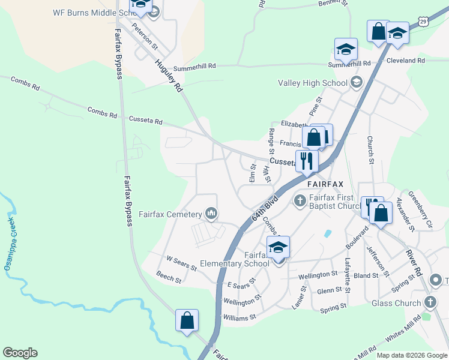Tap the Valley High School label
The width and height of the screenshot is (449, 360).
312,83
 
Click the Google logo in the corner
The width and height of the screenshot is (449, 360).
20,353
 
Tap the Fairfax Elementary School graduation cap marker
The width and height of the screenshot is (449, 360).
279,247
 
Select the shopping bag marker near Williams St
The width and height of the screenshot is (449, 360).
187,320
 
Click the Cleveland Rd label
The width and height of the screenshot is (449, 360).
405,61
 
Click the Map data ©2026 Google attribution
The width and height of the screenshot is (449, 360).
412,355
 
